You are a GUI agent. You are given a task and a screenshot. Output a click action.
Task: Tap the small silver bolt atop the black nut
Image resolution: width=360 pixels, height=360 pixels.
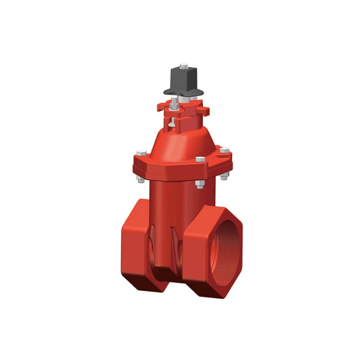tap(183, 66)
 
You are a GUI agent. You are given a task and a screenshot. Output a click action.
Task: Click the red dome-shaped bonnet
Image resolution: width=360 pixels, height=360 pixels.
tap(184, 142)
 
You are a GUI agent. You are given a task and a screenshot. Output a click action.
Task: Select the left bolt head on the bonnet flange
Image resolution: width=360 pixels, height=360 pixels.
tap(141, 153)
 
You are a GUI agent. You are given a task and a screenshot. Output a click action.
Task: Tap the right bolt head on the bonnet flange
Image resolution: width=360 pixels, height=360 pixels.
tap(224, 150)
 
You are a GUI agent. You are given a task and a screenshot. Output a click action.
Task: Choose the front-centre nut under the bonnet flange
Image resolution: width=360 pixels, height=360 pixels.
tap(200, 184)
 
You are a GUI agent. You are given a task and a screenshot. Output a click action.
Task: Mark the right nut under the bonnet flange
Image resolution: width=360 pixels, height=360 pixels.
tap(224, 177)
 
